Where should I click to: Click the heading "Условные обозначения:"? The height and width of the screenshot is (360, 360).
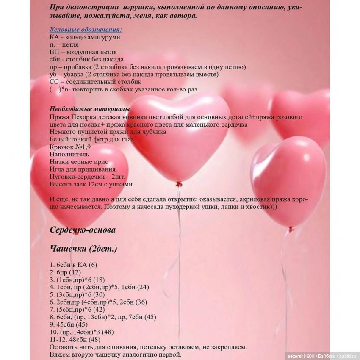tap(86, 30)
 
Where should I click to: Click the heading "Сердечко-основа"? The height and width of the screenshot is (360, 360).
tap(83, 230)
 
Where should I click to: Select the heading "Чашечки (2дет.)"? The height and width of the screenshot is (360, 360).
tap(83, 249)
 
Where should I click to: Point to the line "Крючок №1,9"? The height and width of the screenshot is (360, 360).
tap(70, 147)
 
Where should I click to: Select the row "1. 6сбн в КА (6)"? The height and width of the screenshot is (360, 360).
tap(73, 265)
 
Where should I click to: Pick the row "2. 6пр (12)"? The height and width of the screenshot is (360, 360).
tap(65, 272)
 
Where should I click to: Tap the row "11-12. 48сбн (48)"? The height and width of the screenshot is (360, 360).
tap(75, 339)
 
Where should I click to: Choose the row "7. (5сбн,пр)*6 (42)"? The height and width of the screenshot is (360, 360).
tap(77, 309)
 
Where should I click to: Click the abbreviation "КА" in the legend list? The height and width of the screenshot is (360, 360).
tap(54, 37)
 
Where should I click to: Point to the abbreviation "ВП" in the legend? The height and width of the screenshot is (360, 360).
tap(54, 52)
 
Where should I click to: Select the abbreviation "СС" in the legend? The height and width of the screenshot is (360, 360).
tap(54, 82)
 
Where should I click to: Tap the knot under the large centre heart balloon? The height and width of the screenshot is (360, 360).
tap(179, 184)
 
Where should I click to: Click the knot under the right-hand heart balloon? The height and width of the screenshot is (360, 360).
tap(291, 229)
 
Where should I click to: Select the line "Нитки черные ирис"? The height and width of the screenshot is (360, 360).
tap(79, 162)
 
